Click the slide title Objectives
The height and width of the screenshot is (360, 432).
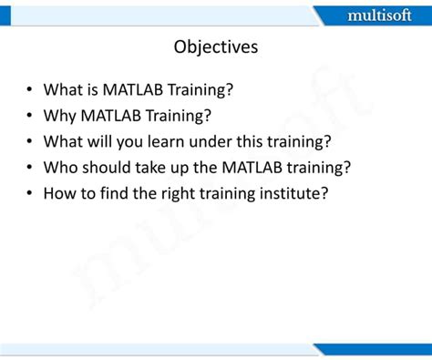tap(216, 46)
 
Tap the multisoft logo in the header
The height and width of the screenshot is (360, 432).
tap(379, 15)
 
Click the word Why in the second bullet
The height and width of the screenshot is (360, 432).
tap(61, 116)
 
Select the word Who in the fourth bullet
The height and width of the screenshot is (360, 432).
tap(61, 168)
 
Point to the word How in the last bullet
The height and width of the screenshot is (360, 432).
tap(60, 194)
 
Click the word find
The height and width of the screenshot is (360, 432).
tap(117, 194)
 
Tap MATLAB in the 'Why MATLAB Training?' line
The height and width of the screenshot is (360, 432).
tap(114, 116)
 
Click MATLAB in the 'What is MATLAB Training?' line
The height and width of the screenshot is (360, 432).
tap(136, 89)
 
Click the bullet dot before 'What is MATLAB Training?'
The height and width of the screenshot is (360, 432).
tap(30, 90)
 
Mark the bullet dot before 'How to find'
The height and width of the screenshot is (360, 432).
tap(30, 195)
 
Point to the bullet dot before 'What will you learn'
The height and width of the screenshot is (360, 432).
tap(30, 142)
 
